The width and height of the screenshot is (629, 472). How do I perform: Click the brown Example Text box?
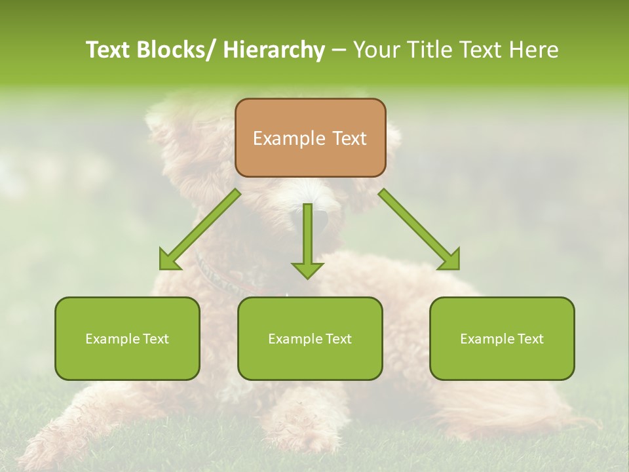pyautogui.click(x=310, y=138)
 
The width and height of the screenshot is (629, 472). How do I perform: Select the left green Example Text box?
pyautogui.click(x=127, y=338)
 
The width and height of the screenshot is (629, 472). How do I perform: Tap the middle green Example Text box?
pyautogui.click(x=310, y=338)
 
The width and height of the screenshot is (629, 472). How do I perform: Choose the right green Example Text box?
pyautogui.click(x=502, y=338)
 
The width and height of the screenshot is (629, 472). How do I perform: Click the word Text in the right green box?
pyautogui.click(x=530, y=338)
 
